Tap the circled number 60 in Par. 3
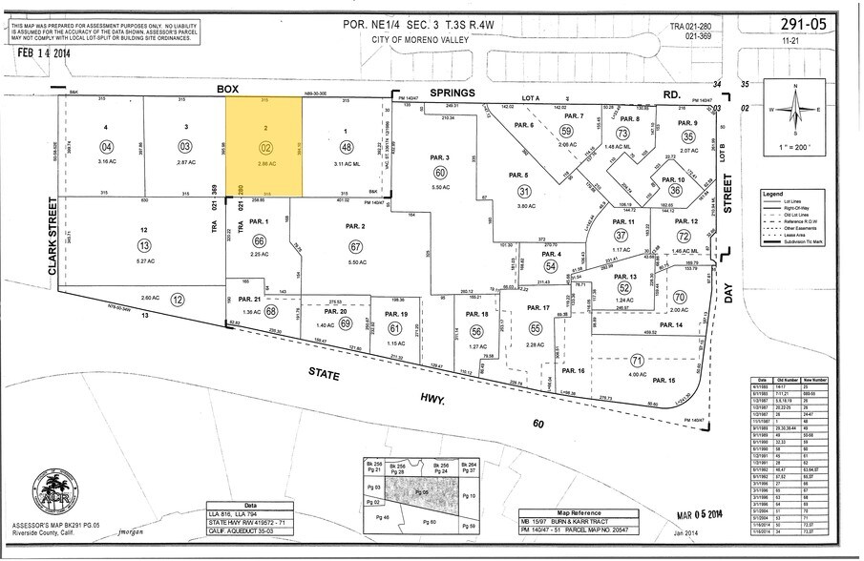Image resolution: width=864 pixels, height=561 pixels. [x=440, y=173]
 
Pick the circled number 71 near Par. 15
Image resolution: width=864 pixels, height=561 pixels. [x=636, y=361]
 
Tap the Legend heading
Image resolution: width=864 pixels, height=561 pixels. [x=772, y=194]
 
